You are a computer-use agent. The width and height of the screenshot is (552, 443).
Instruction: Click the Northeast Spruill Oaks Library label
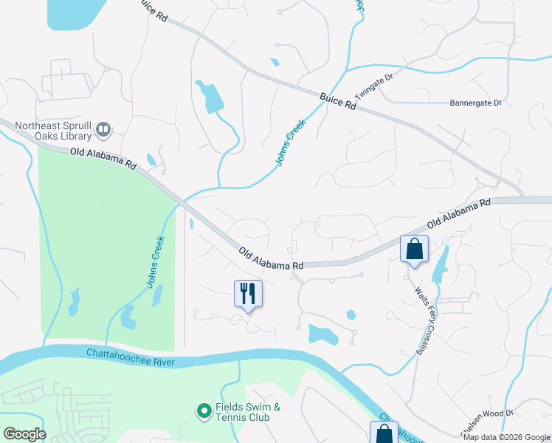[x=54, y=131]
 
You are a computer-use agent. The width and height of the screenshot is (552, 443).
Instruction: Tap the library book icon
[x=103, y=131]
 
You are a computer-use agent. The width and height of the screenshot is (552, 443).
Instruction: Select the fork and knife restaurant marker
[x=248, y=294]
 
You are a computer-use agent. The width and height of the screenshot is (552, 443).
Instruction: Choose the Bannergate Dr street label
[x=475, y=103]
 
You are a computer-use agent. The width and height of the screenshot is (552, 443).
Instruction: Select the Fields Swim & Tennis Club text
[x=248, y=412]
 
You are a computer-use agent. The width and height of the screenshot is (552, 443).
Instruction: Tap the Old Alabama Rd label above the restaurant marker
[x=272, y=258]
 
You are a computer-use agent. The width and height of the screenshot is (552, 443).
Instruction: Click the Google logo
[x=24, y=434]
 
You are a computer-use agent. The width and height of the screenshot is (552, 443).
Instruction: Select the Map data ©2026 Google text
[x=506, y=437]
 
